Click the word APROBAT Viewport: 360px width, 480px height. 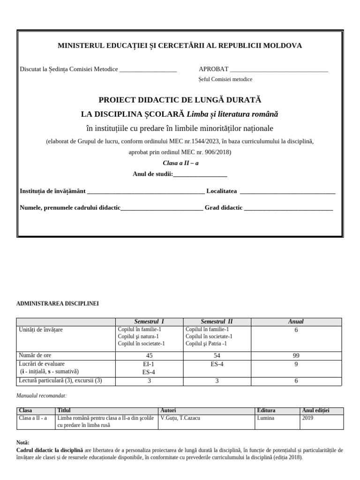(213, 69)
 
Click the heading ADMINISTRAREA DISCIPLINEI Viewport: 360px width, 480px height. (58, 304)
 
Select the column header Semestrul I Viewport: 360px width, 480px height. (149, 322)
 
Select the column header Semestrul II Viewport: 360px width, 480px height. (216, 322)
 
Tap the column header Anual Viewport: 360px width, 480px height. (296, 322)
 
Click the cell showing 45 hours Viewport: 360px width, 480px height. (149, 355)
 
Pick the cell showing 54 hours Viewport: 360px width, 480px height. (216, 355)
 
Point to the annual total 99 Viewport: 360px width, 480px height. (296, 355)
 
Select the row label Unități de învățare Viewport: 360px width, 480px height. (41, 330)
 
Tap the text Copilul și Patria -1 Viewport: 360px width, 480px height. (206, 343)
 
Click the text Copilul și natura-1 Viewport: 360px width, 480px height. (138, 336)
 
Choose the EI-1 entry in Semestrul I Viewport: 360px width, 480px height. (149, 363)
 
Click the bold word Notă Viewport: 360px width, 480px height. (22, 442)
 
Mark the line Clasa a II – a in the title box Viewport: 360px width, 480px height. (180, 164)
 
